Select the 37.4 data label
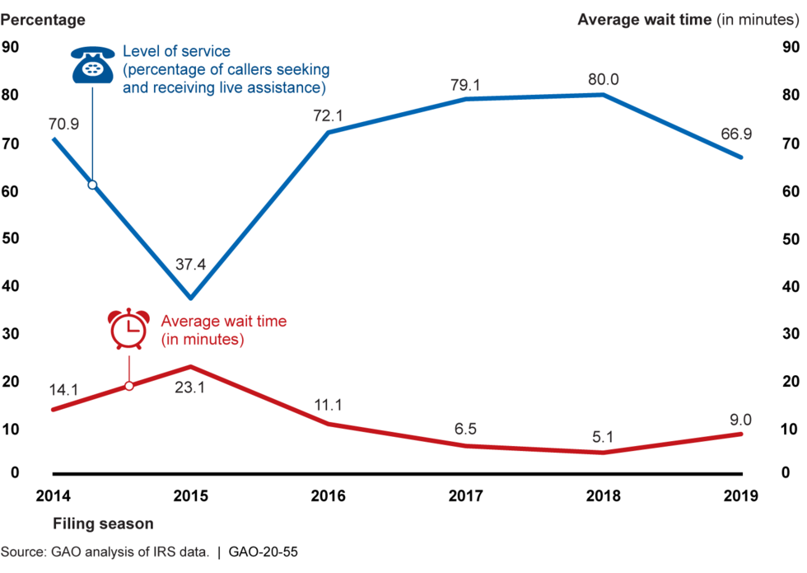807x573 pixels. [x=190, y=265]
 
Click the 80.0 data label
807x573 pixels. [x=603, y=79]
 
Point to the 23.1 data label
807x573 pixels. [x=190, y=387]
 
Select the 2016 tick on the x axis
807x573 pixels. [x=328, y=496]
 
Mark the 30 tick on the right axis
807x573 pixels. [x=791, y=334]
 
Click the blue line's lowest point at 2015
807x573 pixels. [x=190, y=298]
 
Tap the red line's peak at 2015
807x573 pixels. [x=190, y=366]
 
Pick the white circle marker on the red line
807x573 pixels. [x=129, y=386]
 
